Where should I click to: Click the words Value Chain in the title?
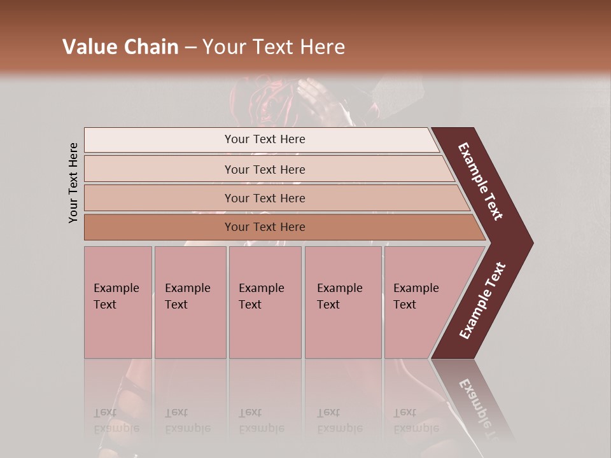click(x=120, y=47)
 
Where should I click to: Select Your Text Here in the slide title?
click(x=274, y=47)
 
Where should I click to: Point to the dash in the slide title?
click(x=190, y=48)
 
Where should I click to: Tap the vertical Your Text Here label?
click(x=73, y=183)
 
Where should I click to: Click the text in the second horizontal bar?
click(x=265, y=170)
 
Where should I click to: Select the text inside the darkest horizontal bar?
click(x=265, y=227)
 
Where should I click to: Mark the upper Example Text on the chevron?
click(x=481, y=181)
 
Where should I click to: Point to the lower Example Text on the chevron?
click(x=482, y=301)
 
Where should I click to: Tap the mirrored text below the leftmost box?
click(x=116, y=420)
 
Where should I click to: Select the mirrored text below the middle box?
click(x=261, y=420)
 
